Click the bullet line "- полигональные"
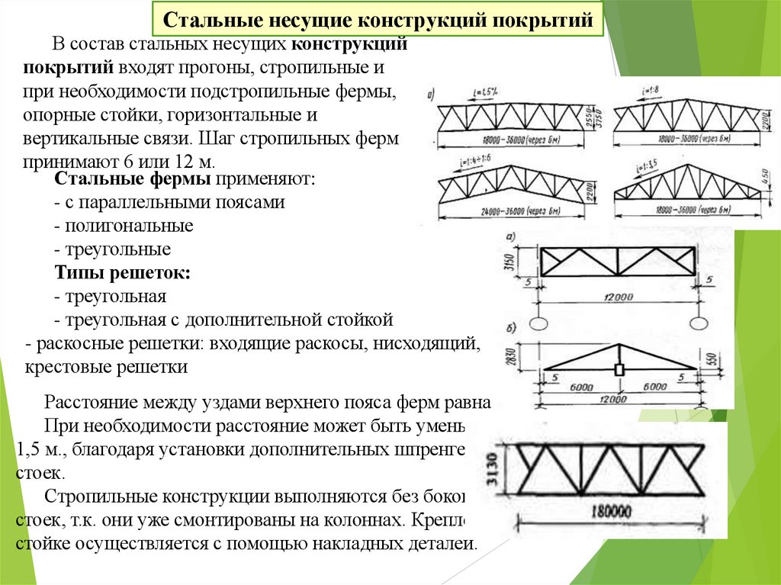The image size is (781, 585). point(124,226)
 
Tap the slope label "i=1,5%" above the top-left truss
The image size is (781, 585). point(484,94)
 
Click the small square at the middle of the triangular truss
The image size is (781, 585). point(619,370)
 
